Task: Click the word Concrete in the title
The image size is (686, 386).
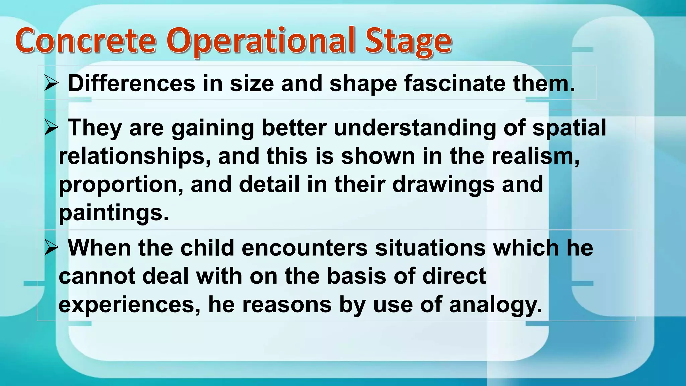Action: pyautogui.click(x=85, y=41)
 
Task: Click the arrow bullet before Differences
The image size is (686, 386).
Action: pyautogui.click(x=51, y=84)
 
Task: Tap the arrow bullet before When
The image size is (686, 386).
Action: pyautogui.click(x=51, y=248)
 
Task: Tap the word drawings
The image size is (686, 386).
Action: pyautogui.click(x=443, y=185)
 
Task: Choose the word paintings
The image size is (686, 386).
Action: pyautogui.click(x=114, y=213)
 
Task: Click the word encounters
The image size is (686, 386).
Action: pyautogui.click(x=304, y=248)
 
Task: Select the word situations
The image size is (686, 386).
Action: pyautogui.click(x=430, y=248)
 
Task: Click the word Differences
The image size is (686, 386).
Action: pyautogui.click(x=131, y=83)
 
